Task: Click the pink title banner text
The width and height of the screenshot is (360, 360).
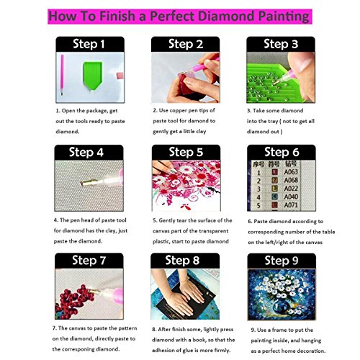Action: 179,17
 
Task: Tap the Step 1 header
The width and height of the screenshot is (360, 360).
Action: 89,44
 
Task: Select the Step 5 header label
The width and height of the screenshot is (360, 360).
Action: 186,152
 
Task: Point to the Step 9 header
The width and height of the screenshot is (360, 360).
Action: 282,261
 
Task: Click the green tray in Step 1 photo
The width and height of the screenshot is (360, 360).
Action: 93,75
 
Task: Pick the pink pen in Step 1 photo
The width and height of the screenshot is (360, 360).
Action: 62,74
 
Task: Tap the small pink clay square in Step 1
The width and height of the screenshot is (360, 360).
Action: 120,76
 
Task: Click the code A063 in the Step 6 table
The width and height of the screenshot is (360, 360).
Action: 291,172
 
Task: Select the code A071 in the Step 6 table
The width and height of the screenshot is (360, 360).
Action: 291,205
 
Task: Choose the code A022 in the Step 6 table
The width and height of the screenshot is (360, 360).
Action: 291,189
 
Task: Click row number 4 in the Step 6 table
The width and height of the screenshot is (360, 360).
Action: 258,197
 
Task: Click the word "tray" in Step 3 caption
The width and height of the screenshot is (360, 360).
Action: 273,122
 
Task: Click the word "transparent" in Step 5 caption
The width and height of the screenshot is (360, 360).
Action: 213,231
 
